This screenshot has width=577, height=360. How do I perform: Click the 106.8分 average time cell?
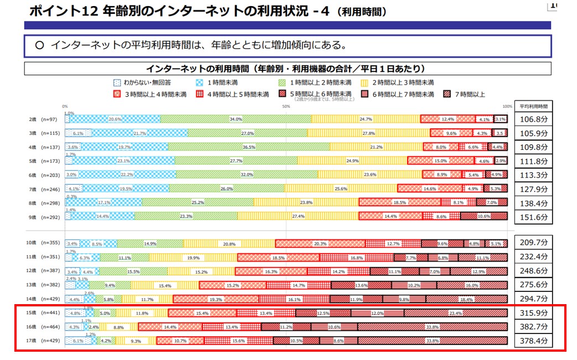point(533,119)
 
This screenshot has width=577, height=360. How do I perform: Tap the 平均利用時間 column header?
point(533,106)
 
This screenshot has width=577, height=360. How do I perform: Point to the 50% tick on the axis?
point(286,106)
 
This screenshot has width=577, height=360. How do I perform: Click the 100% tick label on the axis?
point(507,106)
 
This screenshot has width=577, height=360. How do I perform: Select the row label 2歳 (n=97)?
point(42,119)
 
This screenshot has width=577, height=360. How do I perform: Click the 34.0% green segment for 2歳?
point(236,119)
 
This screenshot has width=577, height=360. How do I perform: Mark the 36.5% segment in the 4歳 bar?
point(249,147)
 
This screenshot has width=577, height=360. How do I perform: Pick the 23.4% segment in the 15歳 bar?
point(455,313)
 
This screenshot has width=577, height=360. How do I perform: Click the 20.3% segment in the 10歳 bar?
point(320,243)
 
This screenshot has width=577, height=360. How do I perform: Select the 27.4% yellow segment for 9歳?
point(298,216)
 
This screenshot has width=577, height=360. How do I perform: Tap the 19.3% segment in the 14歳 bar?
point(216,299)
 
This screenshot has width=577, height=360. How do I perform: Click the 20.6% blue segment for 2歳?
point(115,119)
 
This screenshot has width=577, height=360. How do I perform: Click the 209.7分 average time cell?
point(533,243)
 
